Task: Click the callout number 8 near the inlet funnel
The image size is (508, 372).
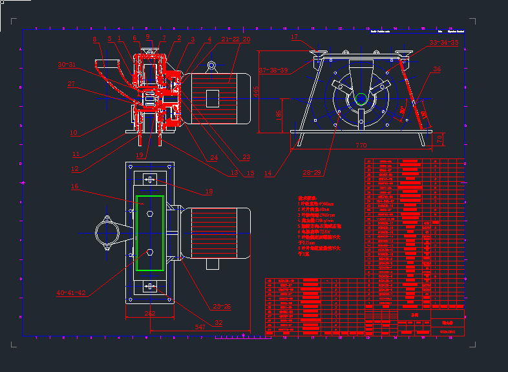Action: click(x=94, y=40)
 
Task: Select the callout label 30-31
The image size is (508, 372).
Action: click(x=67, y=65)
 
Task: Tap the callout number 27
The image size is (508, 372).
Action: click(x=71, y=84)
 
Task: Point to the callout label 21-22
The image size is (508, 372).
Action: click(x=230, y=39)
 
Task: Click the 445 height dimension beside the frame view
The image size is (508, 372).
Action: click(x=257, y=92)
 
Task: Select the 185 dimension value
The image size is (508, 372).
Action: click(x=278, y=115)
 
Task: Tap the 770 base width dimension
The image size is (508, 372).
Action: click(x=360, y=146)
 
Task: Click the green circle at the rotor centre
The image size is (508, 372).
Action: click(x=361, y=98)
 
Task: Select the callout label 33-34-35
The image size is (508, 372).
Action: click(x=444, y=43)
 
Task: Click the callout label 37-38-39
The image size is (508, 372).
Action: click(x=274, y=69)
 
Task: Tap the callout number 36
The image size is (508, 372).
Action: click(x=438, y=69)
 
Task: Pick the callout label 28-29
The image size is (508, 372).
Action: click(x=312, y=173)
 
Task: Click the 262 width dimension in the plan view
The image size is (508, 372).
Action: click(x=150, y=314)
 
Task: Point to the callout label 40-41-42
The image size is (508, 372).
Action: click(x=71, y=293)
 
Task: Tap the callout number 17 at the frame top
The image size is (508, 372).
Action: click(x=295, y=38)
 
